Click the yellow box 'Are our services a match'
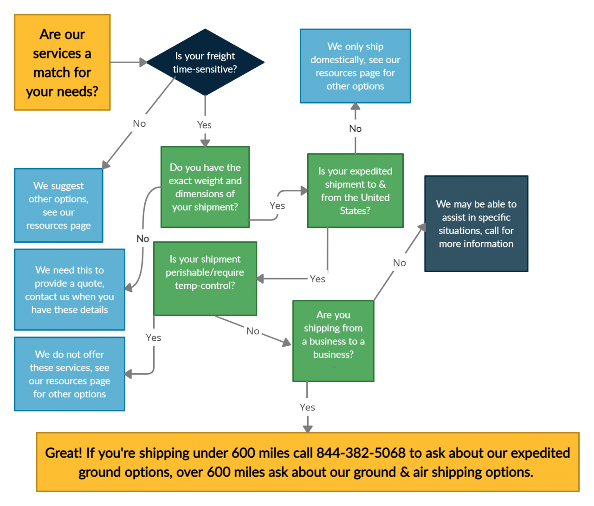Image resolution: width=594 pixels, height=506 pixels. tap(62, 63)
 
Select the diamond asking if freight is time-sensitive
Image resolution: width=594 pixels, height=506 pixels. tap(205, 62)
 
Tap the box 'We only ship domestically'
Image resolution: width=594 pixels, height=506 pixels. tap(355, 66)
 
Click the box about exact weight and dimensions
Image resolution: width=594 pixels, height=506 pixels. tap(205, 187)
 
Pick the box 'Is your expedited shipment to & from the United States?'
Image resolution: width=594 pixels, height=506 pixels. tap(355, 191)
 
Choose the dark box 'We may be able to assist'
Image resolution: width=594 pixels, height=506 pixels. tap(476, 224)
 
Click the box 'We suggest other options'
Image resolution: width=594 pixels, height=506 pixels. tap(58, 205)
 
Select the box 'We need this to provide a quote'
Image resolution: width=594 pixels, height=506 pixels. tap(70, 290)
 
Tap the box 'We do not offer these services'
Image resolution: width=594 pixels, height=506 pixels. tap(70, 374)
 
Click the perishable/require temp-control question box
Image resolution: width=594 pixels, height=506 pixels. tap(205, 279)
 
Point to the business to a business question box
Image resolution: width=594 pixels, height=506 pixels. tap(333, 341)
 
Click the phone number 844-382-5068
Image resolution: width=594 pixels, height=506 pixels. tap(361, 453)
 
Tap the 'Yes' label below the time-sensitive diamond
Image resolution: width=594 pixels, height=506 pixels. tap(204, 125)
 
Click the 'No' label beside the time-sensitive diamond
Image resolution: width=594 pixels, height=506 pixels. tap(139, 123)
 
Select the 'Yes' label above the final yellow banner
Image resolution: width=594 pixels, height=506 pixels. tap(307, 407)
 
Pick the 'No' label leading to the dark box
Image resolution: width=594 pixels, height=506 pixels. tap(400, 263)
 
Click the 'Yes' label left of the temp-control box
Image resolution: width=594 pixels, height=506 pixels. tap(153, 337)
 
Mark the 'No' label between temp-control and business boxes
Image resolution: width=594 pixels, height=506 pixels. tap(253, 331)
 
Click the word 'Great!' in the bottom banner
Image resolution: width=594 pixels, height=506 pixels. tap(64, 453)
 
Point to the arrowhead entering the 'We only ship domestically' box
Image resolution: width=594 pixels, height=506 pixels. tap(355, 106)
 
